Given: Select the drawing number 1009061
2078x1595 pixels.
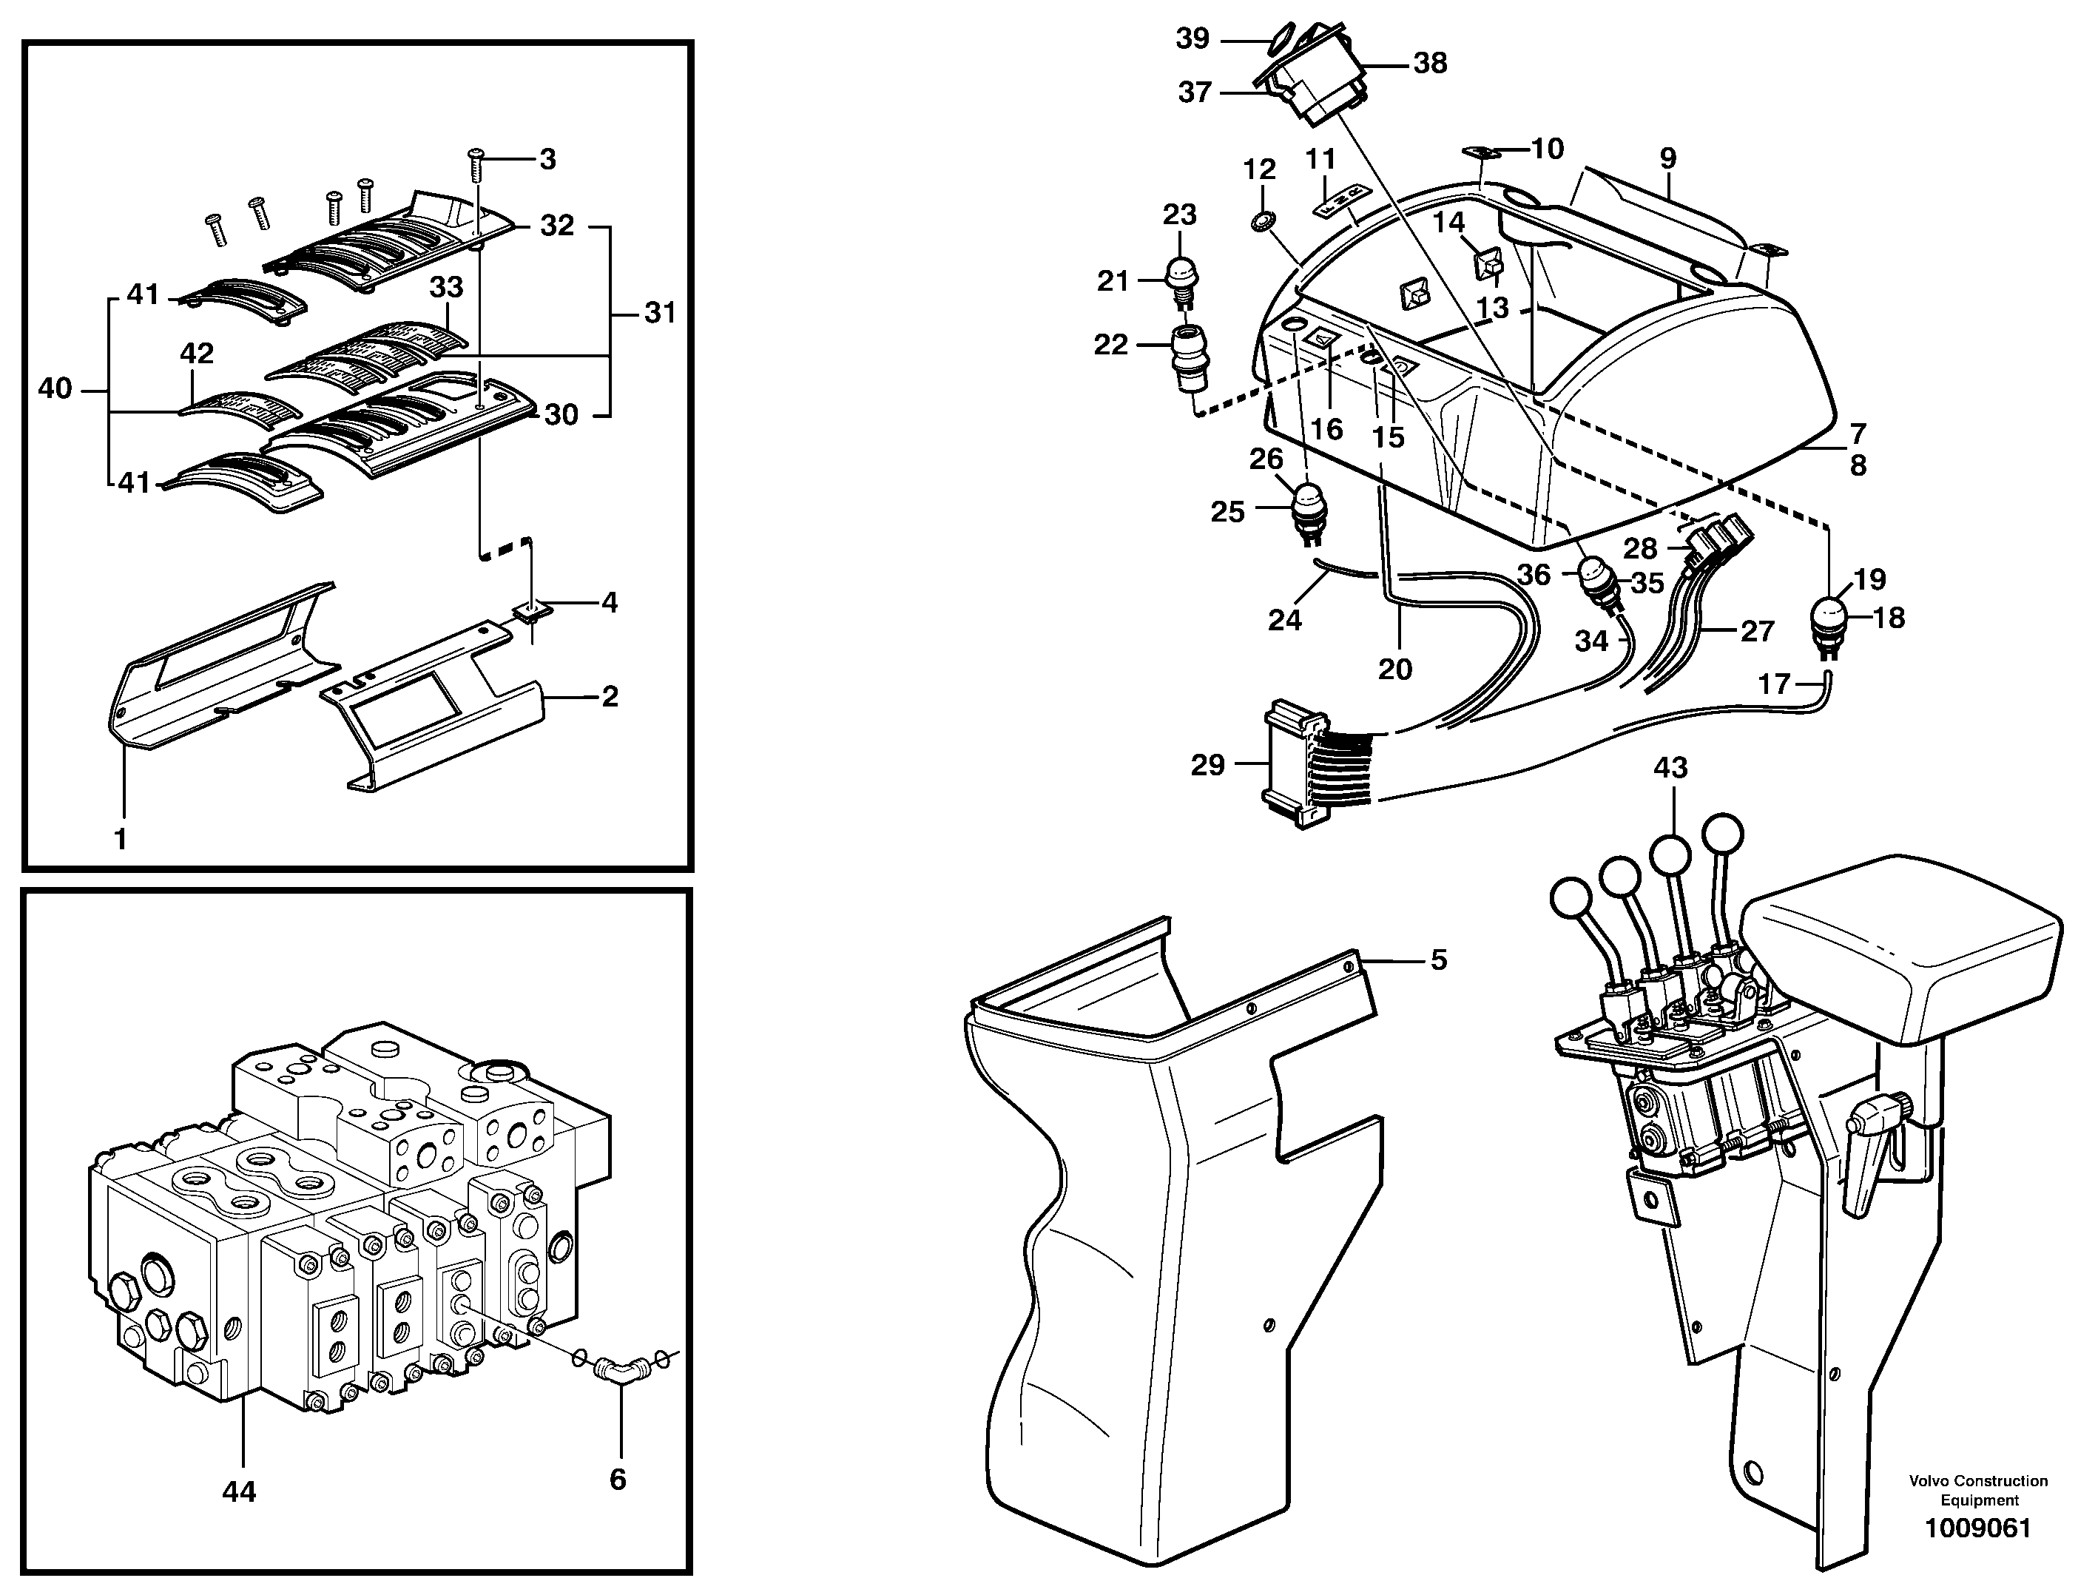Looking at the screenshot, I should tap(1977, 1555).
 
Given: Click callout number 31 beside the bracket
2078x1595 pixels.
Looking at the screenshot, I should tap(660, 312).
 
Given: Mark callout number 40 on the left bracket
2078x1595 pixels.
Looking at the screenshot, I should tap(55, 388).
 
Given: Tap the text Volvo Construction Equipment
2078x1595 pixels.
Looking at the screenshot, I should tap(1978, 1491).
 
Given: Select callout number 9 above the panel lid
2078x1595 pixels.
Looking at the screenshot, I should tap(1668, 158).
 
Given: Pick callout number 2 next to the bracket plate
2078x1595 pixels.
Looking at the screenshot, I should tap(610, 696).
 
